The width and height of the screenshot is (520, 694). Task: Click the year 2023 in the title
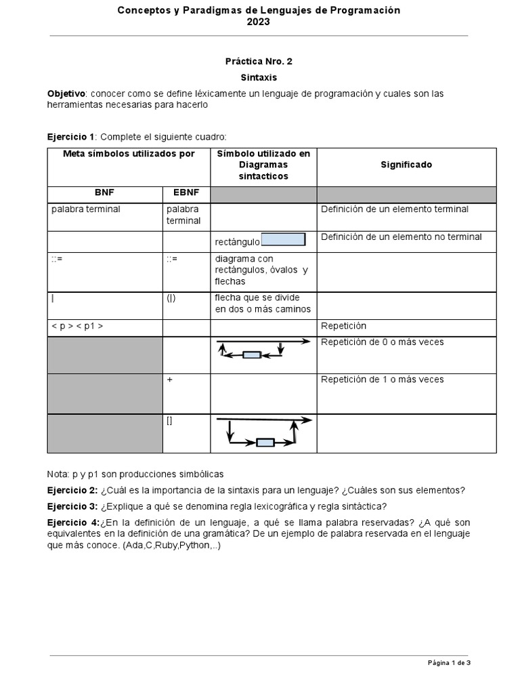(259, 22)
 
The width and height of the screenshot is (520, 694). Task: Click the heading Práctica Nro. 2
(259, 61)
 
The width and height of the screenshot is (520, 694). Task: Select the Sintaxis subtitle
(259, 78)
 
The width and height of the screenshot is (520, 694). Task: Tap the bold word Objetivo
(66, 94)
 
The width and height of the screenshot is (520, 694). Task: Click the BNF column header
(104, 192)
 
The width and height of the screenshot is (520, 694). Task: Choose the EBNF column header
(186, 192)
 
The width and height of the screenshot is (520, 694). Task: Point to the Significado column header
(406, 165)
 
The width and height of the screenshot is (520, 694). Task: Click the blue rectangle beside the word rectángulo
(283, 239)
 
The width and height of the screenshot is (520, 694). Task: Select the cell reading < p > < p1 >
(77, 326)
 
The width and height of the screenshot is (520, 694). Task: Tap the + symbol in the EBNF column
(169, 380)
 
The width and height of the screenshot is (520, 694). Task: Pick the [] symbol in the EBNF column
(169, 421)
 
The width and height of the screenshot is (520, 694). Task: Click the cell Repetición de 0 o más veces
(383, 342)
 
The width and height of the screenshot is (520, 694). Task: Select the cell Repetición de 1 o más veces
(383, 380)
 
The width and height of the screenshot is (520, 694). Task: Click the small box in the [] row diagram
(265, 443)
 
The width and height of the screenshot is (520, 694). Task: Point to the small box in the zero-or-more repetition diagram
(252, 354)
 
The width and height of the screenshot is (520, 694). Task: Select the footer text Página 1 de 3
(448, 663)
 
